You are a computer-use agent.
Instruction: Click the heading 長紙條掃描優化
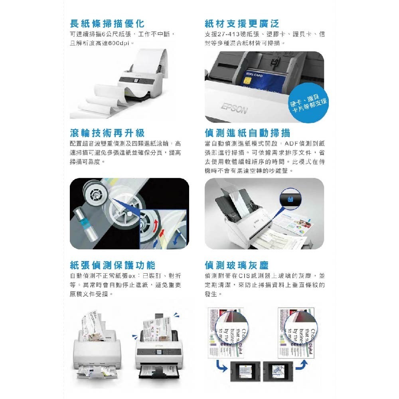click(107, 23)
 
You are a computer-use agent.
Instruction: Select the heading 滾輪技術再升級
click(107, 133)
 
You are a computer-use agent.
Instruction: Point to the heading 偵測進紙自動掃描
click(247, 133)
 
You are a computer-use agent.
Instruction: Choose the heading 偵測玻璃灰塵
click(237, 265)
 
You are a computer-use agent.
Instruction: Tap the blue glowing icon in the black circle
click(289, 198)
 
